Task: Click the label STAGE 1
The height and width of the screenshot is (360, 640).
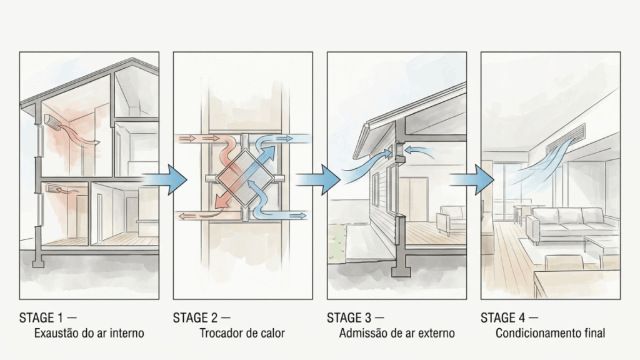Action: click(x=42, y=317)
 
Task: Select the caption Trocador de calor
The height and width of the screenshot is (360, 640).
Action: click(x=242, y=333)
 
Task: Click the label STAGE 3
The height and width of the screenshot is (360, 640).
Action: click(x=350, y=317)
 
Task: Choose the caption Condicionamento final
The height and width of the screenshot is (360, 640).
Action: click(x=550, y=333)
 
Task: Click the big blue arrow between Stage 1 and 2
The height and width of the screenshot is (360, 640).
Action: click(x=164, y=179)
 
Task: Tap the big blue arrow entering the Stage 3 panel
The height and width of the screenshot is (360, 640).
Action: click(x=318, y=179)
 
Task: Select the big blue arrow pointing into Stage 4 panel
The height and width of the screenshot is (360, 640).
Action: click(x=472, y=179)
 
